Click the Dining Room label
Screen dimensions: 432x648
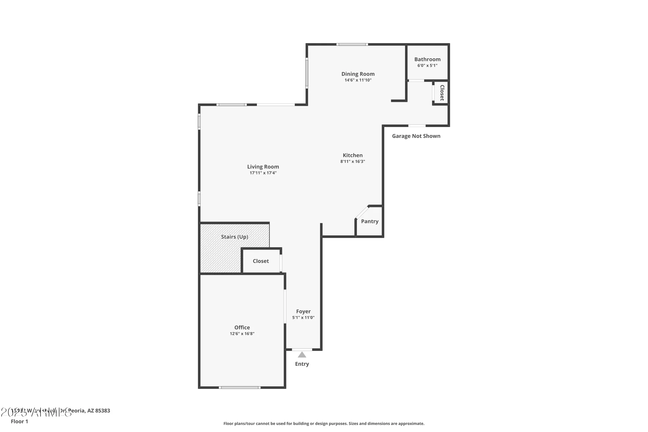pyautogui.click(x=358, y=74)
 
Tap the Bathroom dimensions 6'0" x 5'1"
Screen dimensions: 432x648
pyautogui.click(x=427, y=65)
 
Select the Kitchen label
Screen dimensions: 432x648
pyautogui.click(x=353, y=155)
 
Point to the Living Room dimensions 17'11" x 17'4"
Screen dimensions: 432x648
pyautogui.click(x=263, y=173)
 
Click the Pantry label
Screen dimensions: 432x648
pyautogui.click(x=370, y=221)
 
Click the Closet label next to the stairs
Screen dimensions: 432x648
pyautogui.click(x=260, y=261)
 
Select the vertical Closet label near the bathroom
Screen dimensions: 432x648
pyautogui.click(x=442, y=93)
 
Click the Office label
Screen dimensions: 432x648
pyautogui.click(x=242, y=327)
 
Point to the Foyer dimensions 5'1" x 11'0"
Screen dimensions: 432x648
pyautogui.click(x=303, y=318)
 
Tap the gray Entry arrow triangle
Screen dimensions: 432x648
pyautogui.click(x=302, y=355)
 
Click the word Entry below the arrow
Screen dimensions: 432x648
pyautogui.click(x=302, y=364)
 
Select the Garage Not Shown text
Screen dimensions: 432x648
pyautogui.click(x=416, y=136)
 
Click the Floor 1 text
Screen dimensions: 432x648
pyautogui.click(x=19, y=421)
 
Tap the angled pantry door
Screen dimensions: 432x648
pyautogui.click(x=362, y=212)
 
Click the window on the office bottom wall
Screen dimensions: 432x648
pyautogui.click(x=239, y=387)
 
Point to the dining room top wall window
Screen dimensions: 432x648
pyautogui.click(x=352, y=44)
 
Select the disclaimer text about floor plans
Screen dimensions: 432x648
pyautogui.click(x=324, y=424)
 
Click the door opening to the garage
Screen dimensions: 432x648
pyautogui.click(x=417, y=125)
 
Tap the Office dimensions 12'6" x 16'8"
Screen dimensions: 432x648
pyautogui.click(x=242, y=334)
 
